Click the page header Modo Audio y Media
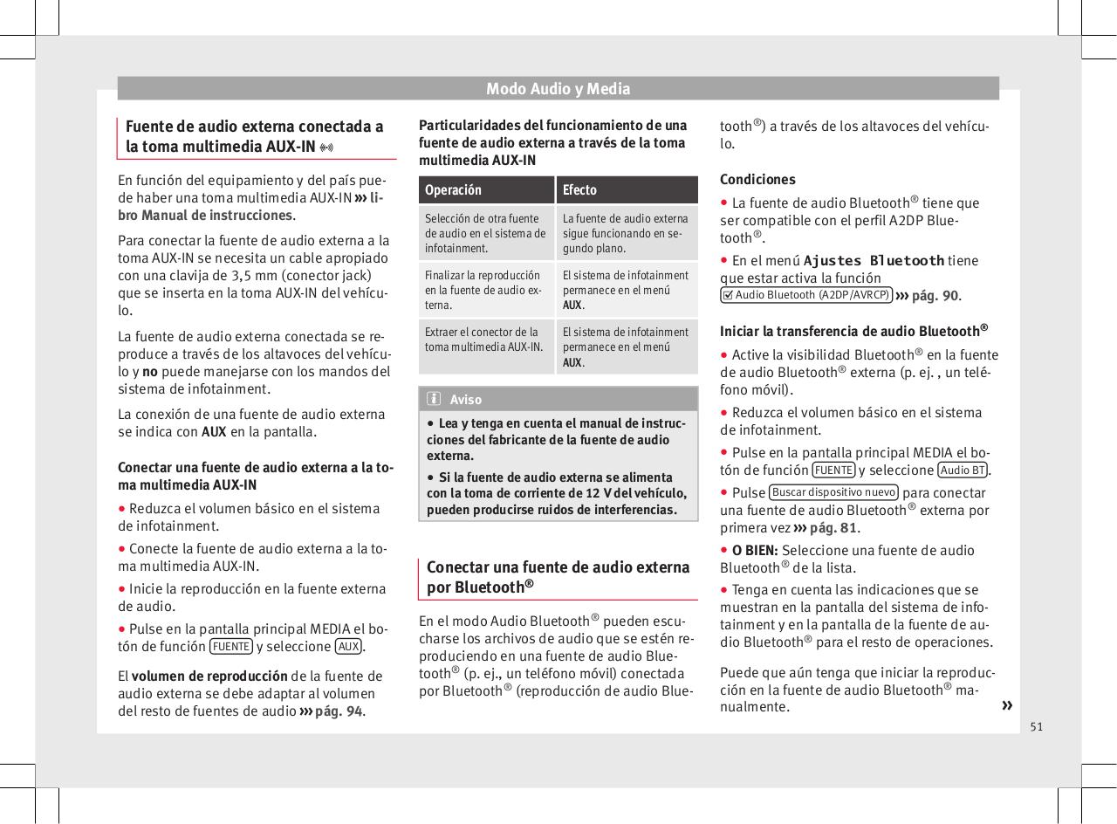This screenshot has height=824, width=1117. [x=558, y=88]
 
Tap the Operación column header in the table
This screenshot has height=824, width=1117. [x=452, y=189]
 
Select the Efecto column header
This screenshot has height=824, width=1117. [x=579, y=189]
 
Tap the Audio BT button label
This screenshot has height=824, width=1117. [x=963, y=470]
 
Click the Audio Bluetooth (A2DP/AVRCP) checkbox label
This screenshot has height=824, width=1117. [x=805, y=295]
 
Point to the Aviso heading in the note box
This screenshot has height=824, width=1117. [x=466, y=399]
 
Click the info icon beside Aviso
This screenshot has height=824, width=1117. [x=434, y=399]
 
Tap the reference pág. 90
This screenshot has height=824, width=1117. [x=935, y=296]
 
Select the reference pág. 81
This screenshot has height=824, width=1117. [x=833, y=527]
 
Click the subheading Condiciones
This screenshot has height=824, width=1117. [x=757, y=179]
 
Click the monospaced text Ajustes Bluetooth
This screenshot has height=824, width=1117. [x=874, y=260]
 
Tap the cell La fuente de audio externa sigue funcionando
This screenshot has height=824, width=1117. [x=626, y=233]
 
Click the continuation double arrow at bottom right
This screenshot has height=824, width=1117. [x=1008, y=704]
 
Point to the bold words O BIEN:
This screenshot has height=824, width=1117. [x=755, y=550]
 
